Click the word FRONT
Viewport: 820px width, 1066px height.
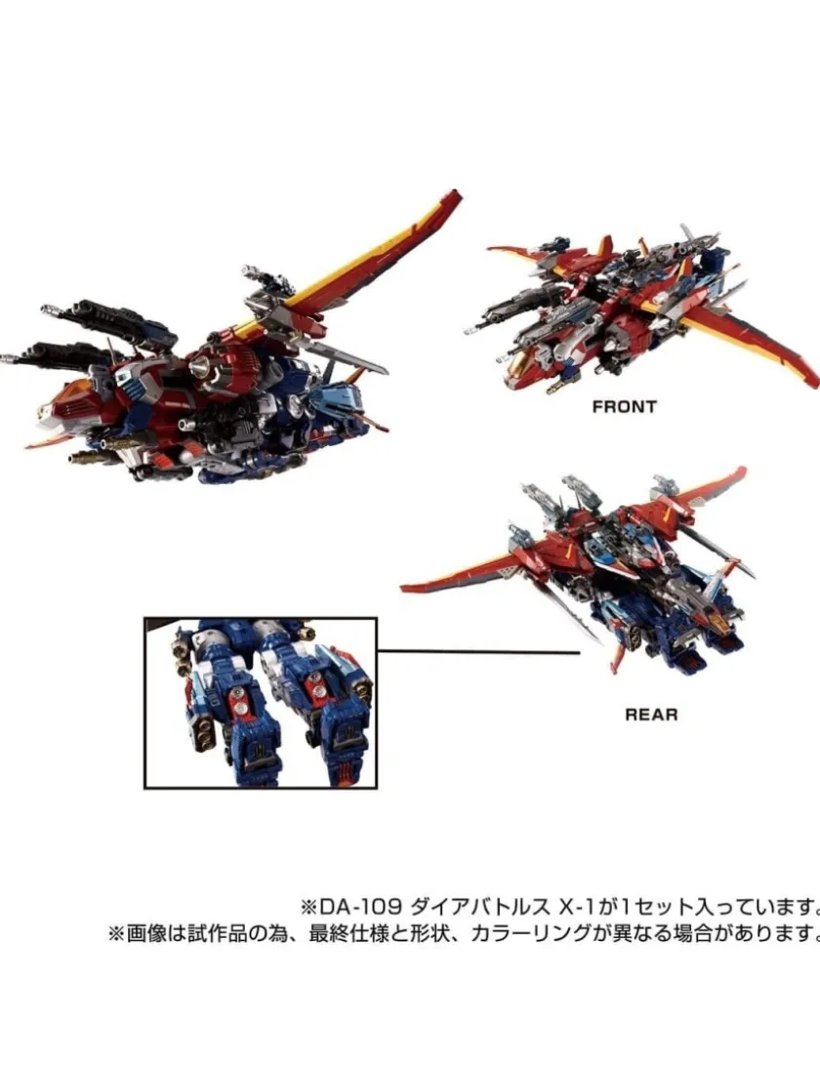pos(624,407)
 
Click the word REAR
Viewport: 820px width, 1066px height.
pos(651,715)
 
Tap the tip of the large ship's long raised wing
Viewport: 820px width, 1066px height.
pos(458,193)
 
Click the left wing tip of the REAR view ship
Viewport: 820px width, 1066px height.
pos(404,587)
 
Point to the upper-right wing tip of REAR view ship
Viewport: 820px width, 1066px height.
pos(743,470)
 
